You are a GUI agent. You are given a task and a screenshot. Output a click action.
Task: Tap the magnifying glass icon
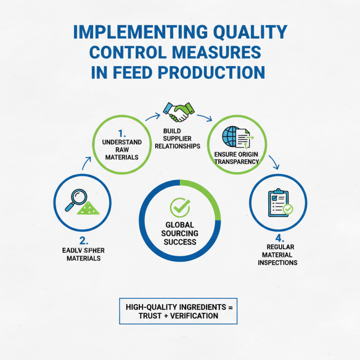[75, 199]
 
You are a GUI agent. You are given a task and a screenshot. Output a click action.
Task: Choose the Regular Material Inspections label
[278, 255]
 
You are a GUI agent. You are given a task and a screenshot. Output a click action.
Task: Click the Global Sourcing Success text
[180, 233]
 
